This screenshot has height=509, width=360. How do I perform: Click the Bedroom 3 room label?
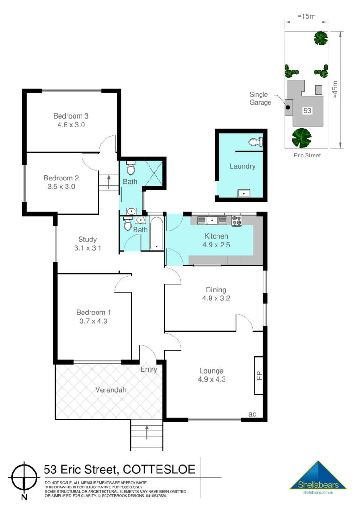tap(71, 116)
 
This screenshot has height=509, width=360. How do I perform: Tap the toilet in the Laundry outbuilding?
tap(256, 142)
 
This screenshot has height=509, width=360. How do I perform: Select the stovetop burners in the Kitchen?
tap(237, 220)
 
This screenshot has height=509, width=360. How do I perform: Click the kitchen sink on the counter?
tap(212, 220)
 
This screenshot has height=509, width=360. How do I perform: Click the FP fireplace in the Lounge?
tap(259, 375)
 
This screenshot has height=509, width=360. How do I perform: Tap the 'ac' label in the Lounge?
tap(252, 414)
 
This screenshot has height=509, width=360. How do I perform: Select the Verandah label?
tap(111, 389)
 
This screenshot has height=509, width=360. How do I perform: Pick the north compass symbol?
tap(24, 478)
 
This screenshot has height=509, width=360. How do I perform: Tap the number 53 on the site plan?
tap(307, 111)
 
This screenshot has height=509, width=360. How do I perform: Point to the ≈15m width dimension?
tap(307, 16)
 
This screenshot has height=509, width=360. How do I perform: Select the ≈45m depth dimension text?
tap(335, 90)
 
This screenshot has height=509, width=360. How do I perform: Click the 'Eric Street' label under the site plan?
tap(307, 155)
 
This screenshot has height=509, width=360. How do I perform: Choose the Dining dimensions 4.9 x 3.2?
tap(216, 299)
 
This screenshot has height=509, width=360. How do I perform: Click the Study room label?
tap(87, 240)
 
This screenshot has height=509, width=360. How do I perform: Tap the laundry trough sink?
tap(243, 194)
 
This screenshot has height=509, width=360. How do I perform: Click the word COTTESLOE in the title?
tap(159, 470)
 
